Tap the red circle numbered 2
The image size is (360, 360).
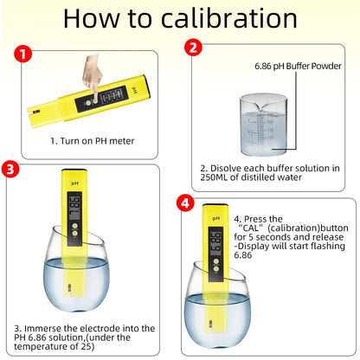click(196, 49)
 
